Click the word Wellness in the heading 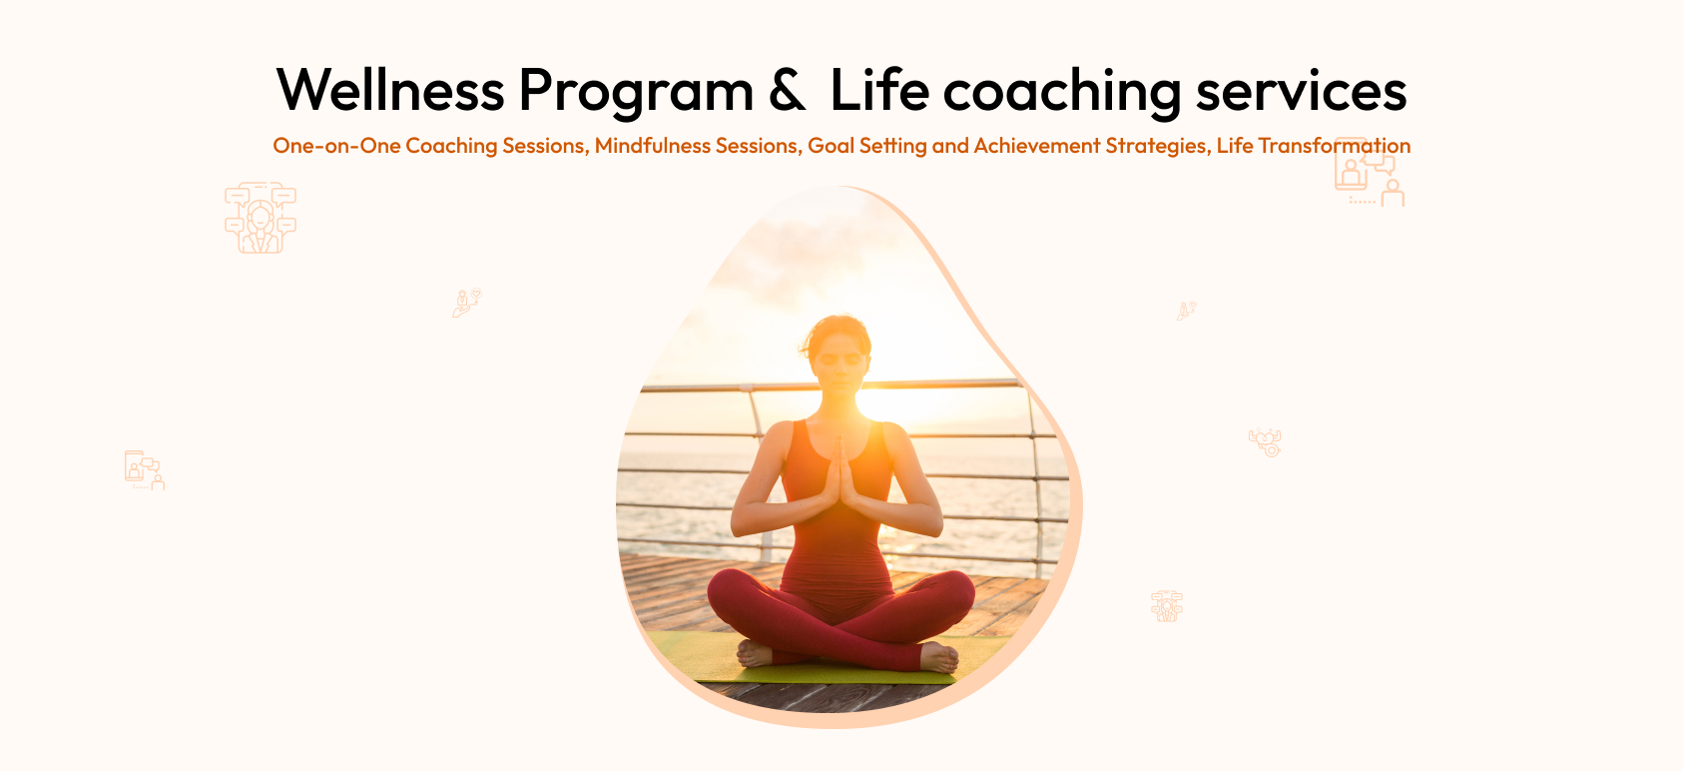tap(390, 90)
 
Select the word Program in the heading tap(636, 93)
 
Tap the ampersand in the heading tap(786, 90)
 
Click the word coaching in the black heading tap(1062, 93)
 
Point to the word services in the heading tap(1302, 92)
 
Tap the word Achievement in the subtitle tap(1037, 145)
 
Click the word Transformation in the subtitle tap(1335, 145)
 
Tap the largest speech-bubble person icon tap(260, 217)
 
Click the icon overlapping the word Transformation tap(1369, 172)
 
